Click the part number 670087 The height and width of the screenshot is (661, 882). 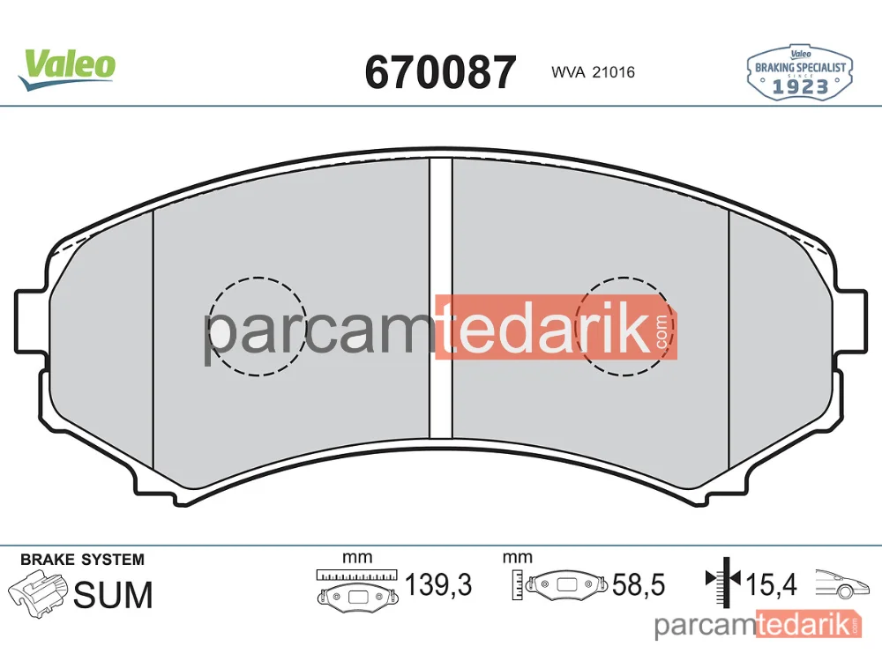pyautogui.click(x=440, y=72)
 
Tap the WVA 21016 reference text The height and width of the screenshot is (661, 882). pyautogui.click(x=593, y=72)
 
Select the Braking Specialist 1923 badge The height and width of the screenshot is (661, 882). pyautogui.click(x=800, y=73)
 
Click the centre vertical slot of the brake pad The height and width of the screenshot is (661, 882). pyautogui.click(x=441, y=298)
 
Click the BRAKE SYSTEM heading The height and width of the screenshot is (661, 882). pyautogui.click(x=82, y=560)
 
